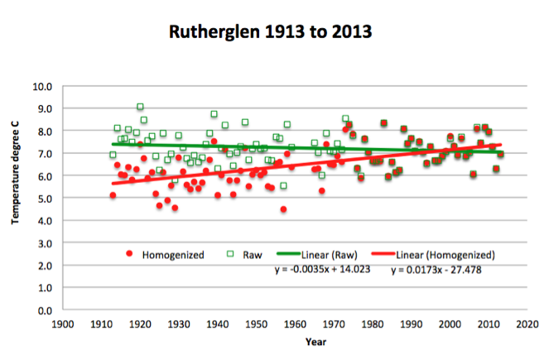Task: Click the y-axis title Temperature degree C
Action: coord(15,198)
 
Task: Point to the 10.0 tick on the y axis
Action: coord(41,86)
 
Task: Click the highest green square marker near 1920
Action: coord(140,107)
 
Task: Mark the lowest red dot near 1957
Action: coord(283,209)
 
